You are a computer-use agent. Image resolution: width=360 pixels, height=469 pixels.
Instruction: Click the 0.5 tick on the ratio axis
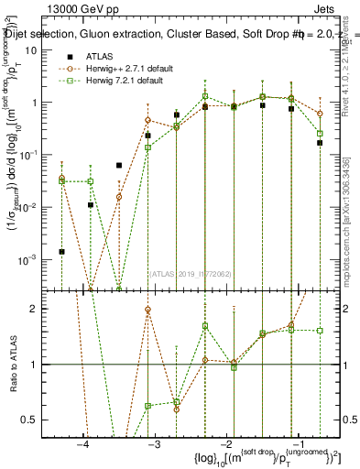click(36, 420)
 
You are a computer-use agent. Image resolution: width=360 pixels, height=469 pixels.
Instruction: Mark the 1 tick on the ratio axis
click(40, 365)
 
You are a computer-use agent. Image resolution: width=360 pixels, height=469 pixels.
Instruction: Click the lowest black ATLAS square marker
click(62, 251)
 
